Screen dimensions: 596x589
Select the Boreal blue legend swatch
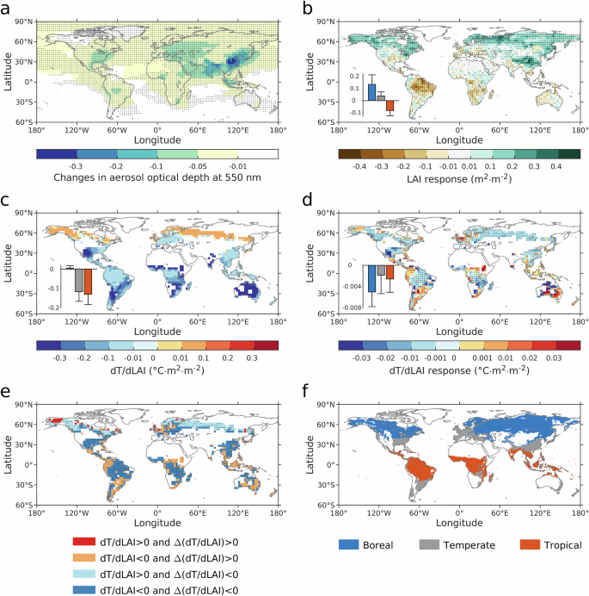click(x=353, y=544)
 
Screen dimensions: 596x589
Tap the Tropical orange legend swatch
click(x=501, y=544)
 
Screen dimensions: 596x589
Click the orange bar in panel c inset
click(x=88, y=282)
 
